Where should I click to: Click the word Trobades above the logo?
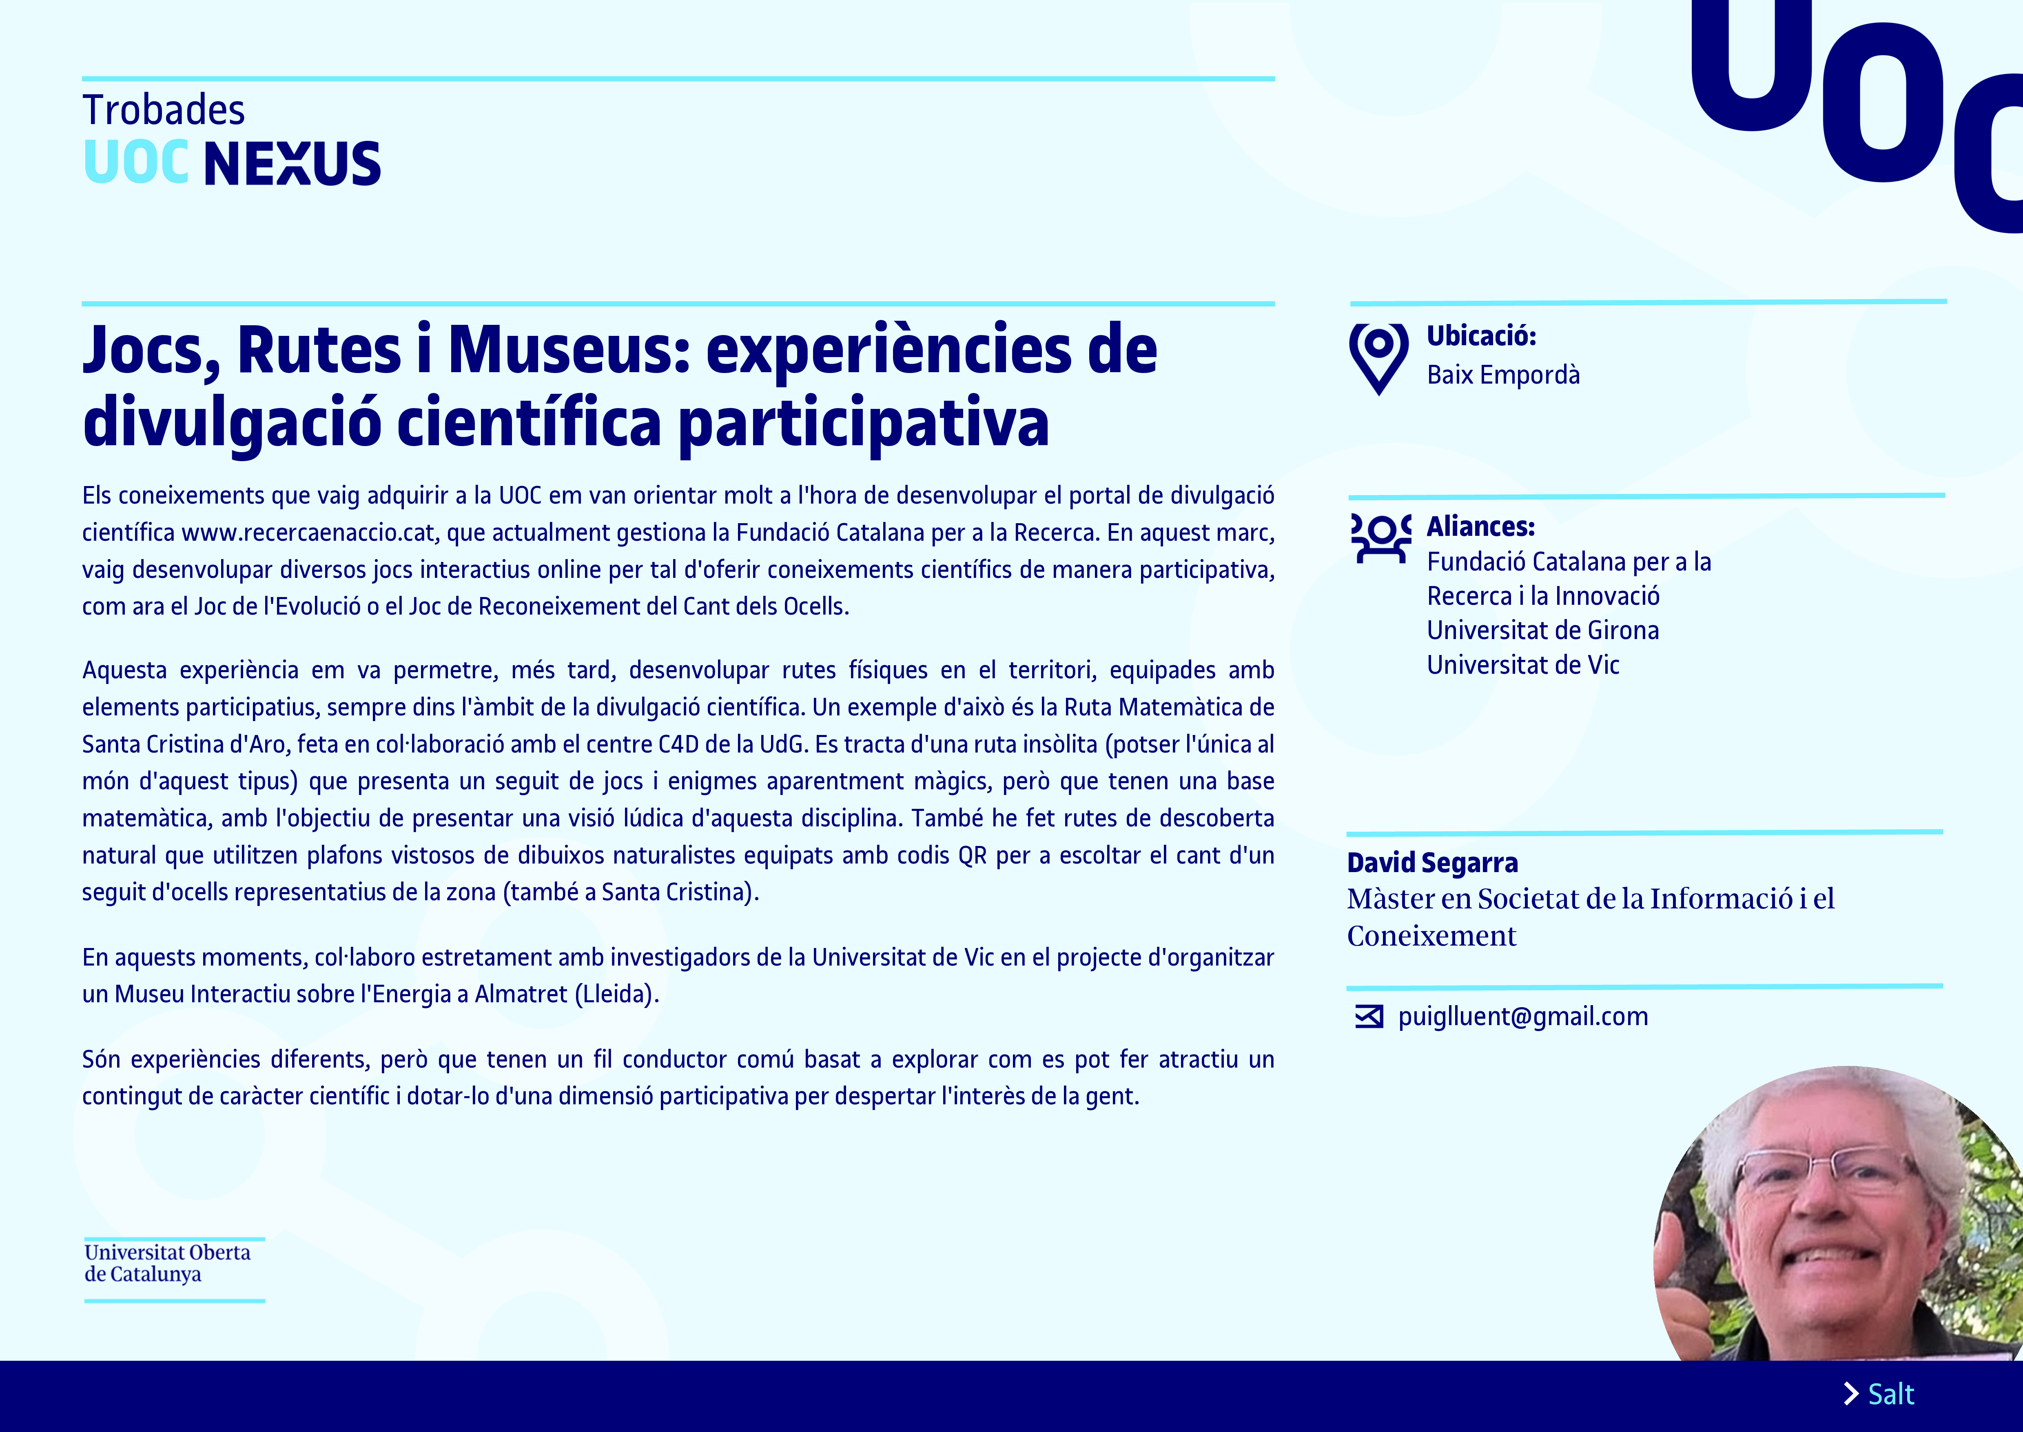[164, 110]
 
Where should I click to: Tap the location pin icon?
[1378, 358]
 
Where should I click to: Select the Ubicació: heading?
[1481, 336]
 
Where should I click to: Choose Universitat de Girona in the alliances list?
[1542, 631]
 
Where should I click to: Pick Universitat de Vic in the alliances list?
[1523, 665]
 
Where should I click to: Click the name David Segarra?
[1432, 862]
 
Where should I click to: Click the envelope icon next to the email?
[1369, 1017]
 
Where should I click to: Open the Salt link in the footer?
[1891, 1394]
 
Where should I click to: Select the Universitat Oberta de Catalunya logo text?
[168, 1263]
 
